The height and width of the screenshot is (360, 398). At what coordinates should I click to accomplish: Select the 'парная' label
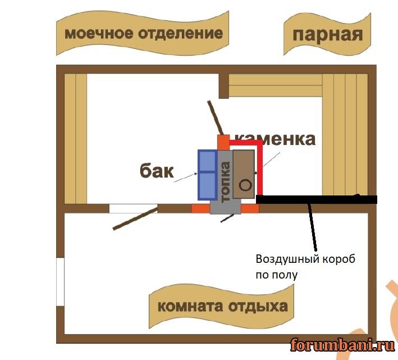coord(328,35)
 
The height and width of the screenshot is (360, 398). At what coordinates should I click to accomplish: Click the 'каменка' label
coord(275,139)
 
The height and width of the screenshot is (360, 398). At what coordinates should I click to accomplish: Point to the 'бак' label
coord(157,171)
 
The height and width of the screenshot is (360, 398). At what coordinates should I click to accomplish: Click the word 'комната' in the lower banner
coord(189,307)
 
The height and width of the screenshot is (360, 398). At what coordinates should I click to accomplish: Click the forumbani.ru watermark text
coord(339,344)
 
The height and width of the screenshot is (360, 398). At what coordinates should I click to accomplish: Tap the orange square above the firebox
coord(223,141)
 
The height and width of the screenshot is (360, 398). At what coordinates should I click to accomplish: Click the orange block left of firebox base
coord(200,208)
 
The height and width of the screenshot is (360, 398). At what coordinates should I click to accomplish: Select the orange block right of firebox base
coord(250,208)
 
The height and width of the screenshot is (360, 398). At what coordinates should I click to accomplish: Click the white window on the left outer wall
coord(61,283)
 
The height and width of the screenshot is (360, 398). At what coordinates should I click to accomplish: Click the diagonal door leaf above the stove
coord(215,119)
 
